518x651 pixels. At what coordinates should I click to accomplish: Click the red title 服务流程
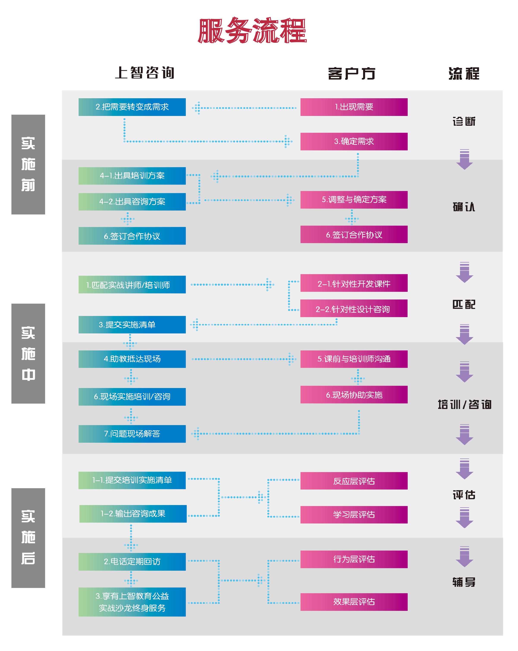[x=252, y=31]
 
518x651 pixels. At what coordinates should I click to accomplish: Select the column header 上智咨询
[x=145, y=73]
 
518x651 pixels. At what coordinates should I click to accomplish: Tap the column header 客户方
[x=351, y=73]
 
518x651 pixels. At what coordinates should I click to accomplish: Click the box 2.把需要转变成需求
[x=132, y=107]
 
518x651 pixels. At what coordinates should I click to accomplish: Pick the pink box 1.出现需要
[x=354, y=107]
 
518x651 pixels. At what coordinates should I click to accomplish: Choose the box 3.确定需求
[x=354, y=141]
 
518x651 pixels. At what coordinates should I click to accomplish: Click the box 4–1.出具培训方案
[x=132, y=176]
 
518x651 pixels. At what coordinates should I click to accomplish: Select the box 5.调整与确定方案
[x=354, y=200]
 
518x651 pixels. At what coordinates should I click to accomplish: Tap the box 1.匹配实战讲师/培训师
[x=132, y=284]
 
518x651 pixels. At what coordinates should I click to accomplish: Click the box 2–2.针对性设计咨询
[x=354, y=308]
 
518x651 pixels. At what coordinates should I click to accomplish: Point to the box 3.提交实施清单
[x=132, y=325]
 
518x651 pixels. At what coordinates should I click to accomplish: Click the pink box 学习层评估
[x=354, y=515]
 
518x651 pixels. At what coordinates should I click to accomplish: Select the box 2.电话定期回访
[x=132, y=562]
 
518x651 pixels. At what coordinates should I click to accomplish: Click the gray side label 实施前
[x=28, y=164]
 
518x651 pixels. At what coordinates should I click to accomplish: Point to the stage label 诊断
[x=464, y=121]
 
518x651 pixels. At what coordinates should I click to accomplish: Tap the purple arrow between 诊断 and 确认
[x=464, y=159]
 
